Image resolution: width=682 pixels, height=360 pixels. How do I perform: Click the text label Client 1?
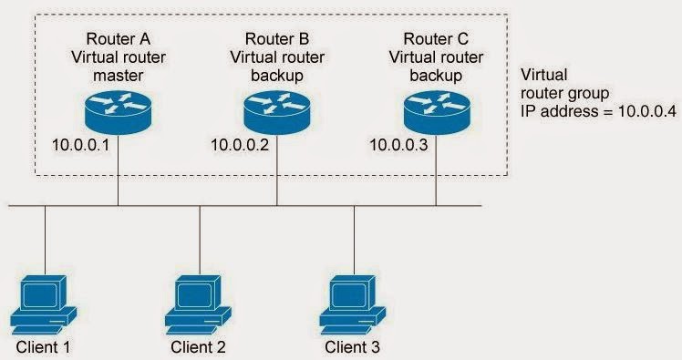click(x=42, y=347)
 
